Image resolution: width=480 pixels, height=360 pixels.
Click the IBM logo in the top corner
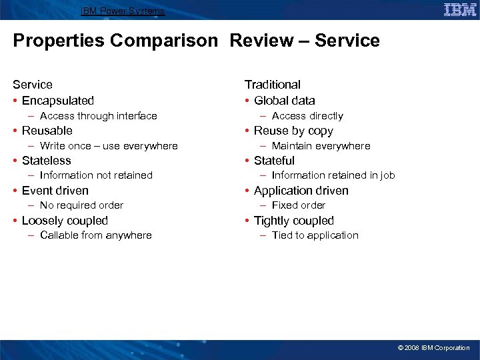coord(459,9)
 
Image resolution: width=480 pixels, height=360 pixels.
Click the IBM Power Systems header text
coord(123,11)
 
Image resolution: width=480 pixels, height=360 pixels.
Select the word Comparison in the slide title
coord(164,41)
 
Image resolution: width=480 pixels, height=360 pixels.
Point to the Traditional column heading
coord(272,85)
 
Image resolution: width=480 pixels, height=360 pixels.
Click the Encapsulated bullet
coord(58,101)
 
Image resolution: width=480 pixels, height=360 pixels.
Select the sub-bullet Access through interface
coord(98,116)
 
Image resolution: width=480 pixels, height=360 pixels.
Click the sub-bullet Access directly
coord(307,116)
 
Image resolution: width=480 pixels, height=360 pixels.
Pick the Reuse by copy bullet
coord(293,131)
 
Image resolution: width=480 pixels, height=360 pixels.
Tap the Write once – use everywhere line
coord(109,146)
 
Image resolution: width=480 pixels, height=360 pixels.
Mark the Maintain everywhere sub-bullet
coord(321,146)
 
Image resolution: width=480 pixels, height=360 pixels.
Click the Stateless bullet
coord(47,161)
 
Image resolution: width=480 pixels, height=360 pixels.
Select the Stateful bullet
coord(274,161)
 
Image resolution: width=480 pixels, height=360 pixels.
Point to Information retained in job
coord(333,175)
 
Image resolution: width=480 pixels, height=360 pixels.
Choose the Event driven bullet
coord(55,191)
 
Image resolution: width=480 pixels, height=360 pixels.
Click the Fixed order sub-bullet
coord(298,205)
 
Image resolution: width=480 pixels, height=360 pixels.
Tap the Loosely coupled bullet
coord(65,221)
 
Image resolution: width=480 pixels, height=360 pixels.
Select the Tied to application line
coord(315,235)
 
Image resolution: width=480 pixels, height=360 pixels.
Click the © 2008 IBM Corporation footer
coord(433,348)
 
